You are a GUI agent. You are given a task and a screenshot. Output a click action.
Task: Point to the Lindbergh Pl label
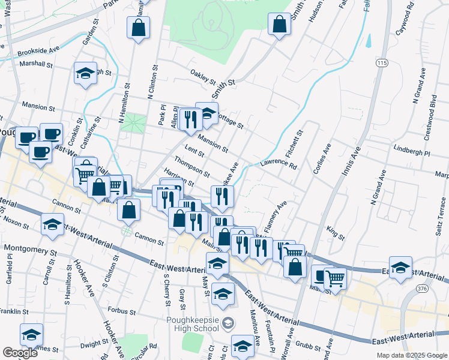[x=412, y=149]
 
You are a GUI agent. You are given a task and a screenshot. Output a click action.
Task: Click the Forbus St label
[x=122, y=310]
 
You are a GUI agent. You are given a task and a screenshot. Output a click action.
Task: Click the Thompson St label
[x=191, y=167]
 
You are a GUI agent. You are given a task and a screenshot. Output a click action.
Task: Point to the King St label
[x=336, y=233]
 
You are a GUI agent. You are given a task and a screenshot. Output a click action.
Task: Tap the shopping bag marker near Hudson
[x=280, y=25]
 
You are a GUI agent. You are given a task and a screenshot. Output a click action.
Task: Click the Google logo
[x=20, y=353]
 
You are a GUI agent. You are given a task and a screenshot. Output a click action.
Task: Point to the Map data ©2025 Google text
[x=412, y=355]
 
